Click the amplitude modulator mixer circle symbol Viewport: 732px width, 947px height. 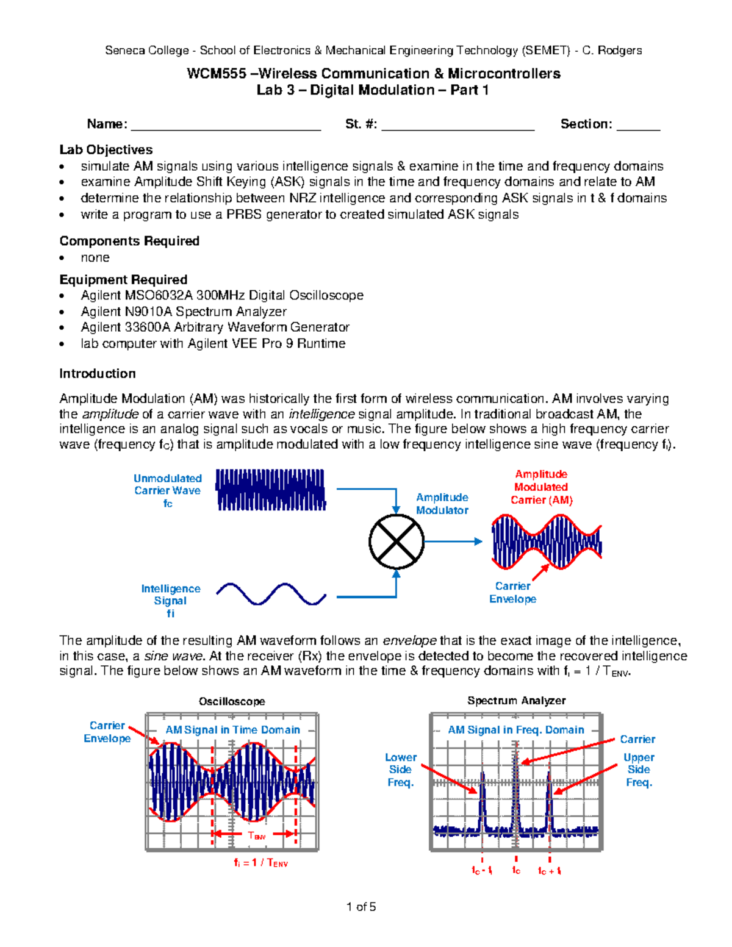[x=396, y=541]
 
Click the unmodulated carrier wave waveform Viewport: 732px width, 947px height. [x=271, y=490]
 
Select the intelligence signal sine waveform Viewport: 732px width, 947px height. [x=271, y=594]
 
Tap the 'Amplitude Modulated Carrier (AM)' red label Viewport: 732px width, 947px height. [x=541, y=487]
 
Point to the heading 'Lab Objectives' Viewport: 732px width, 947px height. [x=106, y=150]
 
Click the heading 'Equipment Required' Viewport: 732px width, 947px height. [x=123, y=280]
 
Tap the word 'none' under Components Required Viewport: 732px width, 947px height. [x=95, y=258]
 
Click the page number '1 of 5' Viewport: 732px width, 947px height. [x=361, y=907]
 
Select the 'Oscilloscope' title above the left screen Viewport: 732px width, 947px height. [x=232, y=702]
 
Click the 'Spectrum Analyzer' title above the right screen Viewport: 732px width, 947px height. [x=516, y=701]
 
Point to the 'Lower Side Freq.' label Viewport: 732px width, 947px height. [x=400, y=770]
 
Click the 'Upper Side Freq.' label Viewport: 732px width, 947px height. [x=639, y=770]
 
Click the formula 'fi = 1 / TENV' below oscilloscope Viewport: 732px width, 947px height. [x=260, y=863]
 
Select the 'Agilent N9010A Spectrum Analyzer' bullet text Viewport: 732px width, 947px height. [x=184, y=312]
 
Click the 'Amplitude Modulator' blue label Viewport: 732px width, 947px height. [x=442, y=504]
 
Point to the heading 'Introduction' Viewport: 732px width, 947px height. [x=98, y=374]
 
